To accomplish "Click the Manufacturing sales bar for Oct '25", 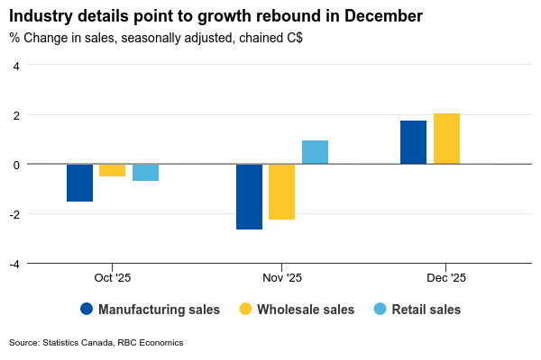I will [x=79, y=183].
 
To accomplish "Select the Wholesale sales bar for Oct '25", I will [x=113, y=170].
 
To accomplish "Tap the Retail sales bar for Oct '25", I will [x=146, y=173].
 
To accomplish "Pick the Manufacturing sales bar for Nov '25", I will [x=249, y=196].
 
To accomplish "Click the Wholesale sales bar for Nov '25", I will [x=281, y=192].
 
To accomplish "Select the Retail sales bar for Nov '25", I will [x=315, y=152].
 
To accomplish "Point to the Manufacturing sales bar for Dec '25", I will [x=413, y=142].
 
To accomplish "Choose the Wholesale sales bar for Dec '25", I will [x=446, y=139].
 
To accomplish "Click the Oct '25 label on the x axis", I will [x=113, y=278].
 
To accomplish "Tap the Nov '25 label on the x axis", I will [x=282, y=278].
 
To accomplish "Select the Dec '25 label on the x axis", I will [x=446, y=278].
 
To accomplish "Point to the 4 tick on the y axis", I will [x=16, y=65].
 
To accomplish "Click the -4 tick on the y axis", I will [x=14, y=263].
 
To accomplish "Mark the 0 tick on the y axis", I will [x=16, y=164].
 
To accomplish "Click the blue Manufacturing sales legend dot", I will [x=87, y=309].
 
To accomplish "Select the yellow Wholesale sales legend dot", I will [x=245, y=309].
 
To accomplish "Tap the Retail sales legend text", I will [x=426, y=310].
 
